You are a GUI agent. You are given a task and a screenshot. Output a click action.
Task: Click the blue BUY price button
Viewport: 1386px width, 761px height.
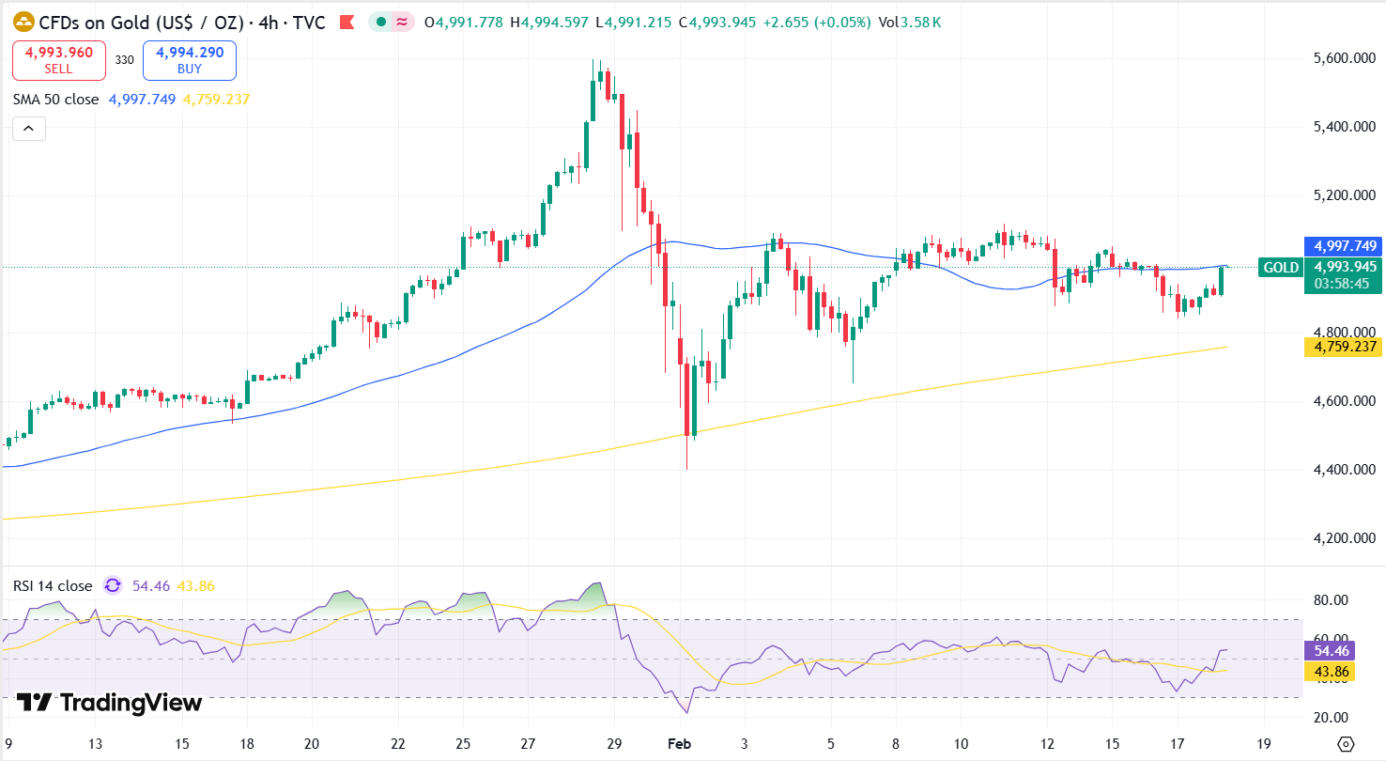[190, 60]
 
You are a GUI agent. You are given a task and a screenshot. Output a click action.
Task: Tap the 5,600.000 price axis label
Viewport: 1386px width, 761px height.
[1344, 58]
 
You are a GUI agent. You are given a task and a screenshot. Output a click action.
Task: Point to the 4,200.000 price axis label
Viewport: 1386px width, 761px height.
[1344, 538]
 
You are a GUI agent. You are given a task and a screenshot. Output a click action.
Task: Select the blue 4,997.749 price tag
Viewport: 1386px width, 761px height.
[1344, 246]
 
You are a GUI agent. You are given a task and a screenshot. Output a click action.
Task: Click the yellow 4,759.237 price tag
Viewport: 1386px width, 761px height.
[1344, 347]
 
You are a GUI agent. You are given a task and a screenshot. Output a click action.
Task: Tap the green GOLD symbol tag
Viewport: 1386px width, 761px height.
[1281, 268]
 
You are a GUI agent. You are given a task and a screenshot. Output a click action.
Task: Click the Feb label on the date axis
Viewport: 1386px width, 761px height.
[679, 743]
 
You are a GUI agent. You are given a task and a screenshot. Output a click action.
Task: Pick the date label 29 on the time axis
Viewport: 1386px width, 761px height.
[614, 743]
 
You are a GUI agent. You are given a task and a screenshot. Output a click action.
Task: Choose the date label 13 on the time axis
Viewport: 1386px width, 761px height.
[95, 743]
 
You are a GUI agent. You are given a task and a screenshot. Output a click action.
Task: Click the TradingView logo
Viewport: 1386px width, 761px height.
[110, 702]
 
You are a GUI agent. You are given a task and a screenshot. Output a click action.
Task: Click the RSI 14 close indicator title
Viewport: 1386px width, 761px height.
[53, 586]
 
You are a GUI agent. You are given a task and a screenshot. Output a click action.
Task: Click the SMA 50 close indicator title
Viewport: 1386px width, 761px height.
[55, 99]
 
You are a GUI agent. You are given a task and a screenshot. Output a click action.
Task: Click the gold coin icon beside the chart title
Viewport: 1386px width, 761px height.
[23, 22]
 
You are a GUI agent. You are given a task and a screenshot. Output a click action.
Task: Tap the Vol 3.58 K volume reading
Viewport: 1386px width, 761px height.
[909, 22]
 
